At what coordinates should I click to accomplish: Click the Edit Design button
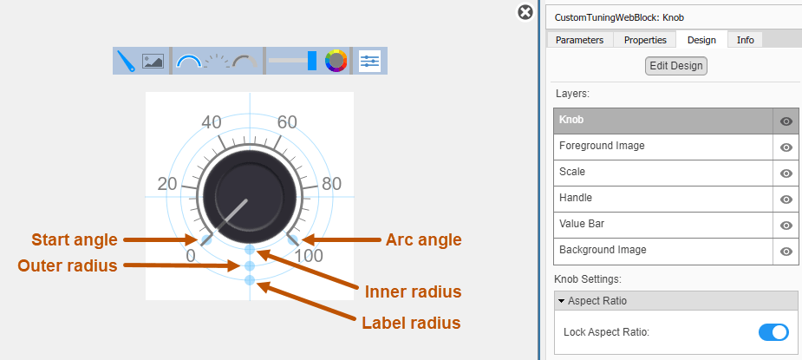point(675,66)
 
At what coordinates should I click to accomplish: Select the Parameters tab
point(579,40)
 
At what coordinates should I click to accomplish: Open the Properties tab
point(645,40)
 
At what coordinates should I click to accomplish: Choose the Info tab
point(746,40)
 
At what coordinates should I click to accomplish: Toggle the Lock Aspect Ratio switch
point(773,332)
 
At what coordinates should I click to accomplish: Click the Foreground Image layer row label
point(602,146)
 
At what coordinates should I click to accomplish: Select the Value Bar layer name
point(582,224)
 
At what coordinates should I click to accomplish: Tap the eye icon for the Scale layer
point(786,173)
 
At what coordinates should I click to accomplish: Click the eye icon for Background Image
point(786,252)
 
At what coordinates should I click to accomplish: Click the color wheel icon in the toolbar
point(336,61)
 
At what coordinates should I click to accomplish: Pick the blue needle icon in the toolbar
point(126,61)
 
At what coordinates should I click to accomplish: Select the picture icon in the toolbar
point(153,61)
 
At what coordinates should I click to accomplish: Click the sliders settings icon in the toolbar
point(370,61)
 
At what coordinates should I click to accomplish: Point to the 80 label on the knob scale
point(332,184)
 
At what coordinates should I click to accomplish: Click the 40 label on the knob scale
point(212,122)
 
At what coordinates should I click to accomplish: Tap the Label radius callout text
point(411,324)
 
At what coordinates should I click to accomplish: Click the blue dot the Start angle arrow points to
point(206,239)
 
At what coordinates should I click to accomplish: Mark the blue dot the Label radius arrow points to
point(250,279)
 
